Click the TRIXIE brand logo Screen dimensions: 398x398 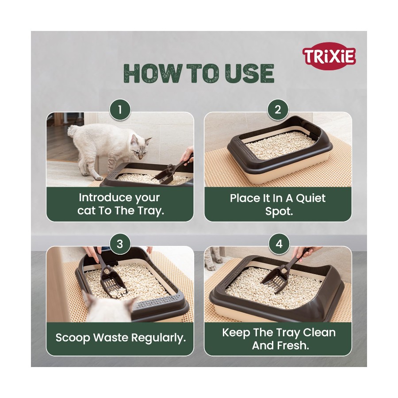(x=329, y=56)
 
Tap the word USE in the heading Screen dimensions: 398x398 (x=249, y=73)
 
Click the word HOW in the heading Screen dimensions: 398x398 (x=153, y=73)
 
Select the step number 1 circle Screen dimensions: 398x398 (x=120, y=110)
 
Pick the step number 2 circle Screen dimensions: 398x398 (x=278, y=110)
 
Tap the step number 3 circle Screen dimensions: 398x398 (x=120, y=244)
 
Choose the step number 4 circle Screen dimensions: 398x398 (x=279, y=244)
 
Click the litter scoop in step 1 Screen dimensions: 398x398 (x=172, y=170)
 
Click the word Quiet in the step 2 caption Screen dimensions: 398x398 (x=310, y=198)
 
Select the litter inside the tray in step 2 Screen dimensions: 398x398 (x=280, y=146)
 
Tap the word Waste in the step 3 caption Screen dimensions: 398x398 (x=111, y=337)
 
